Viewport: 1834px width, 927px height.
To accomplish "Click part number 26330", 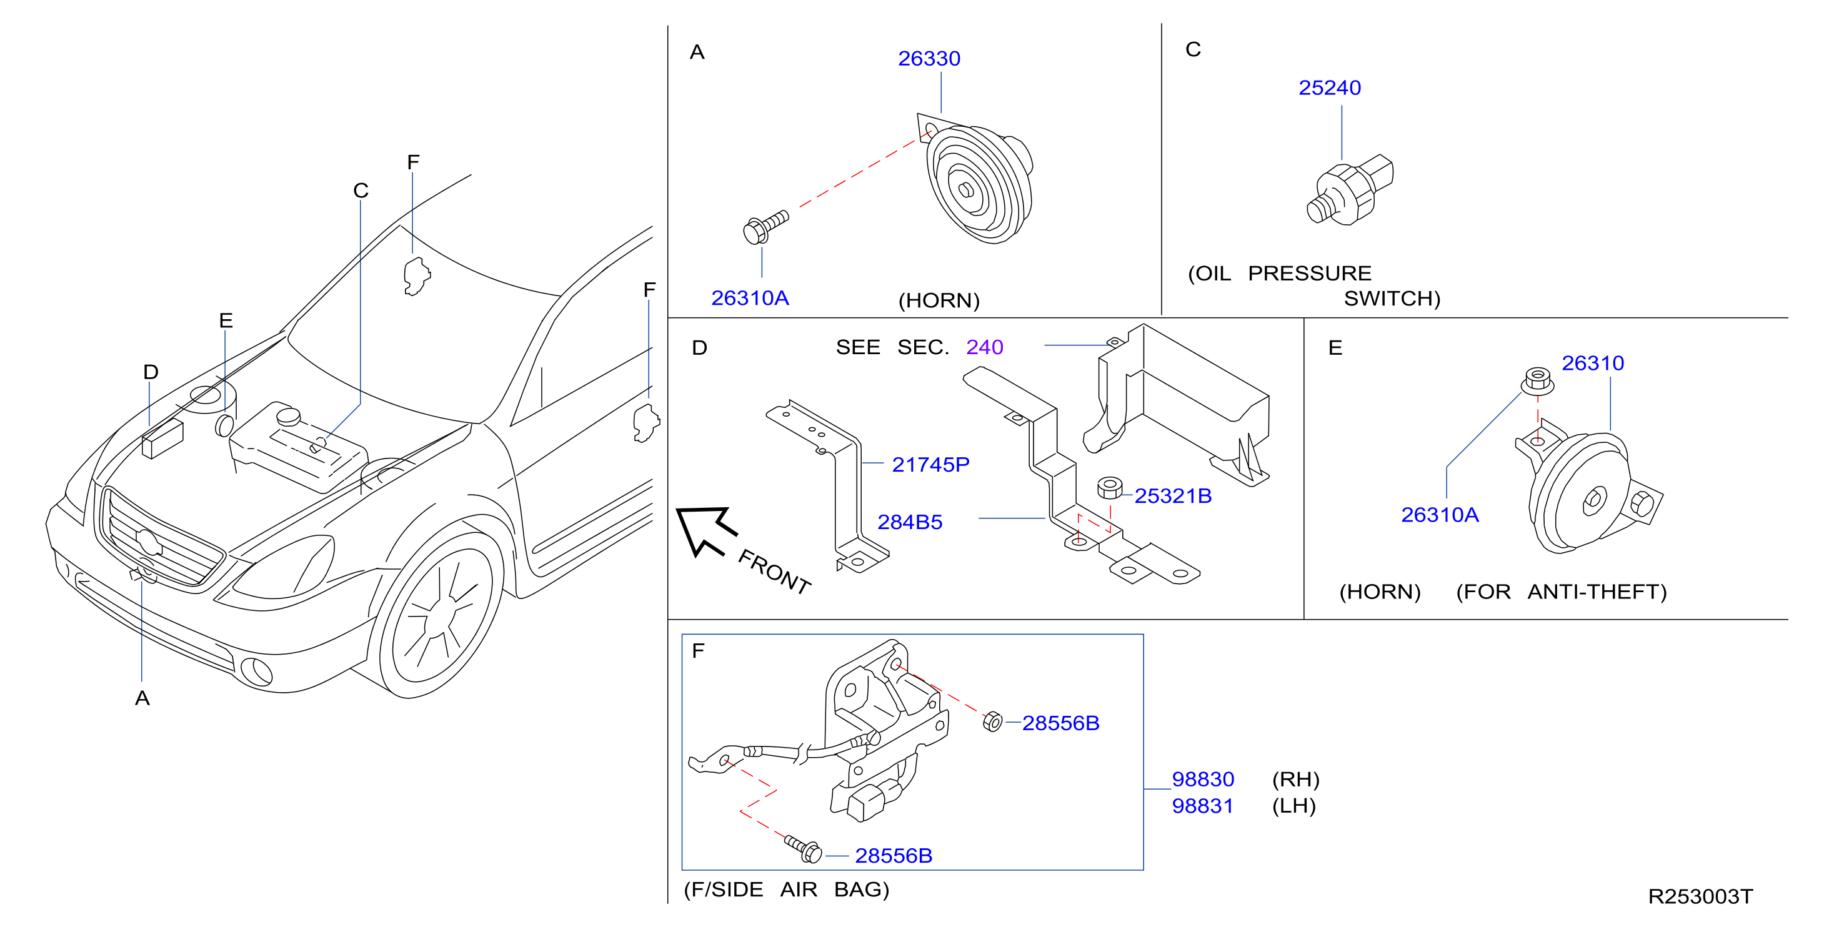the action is click(929, 58).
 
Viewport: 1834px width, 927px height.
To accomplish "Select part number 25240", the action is click(1329, 87).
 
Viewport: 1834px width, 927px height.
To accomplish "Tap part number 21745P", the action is click(930, 464).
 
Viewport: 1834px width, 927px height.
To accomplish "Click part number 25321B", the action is click(1173, 495).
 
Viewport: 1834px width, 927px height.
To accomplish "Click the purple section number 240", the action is click(985, 347).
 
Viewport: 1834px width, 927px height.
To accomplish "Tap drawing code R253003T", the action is click(1700, 896).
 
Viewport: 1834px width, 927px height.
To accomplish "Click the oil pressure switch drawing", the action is click(1350, 189).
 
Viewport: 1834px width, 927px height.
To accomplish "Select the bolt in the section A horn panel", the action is click(765, 226).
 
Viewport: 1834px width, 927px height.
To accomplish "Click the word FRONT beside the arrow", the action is click(775, 571).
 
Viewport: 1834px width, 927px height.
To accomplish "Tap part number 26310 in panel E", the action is click(1593, 363).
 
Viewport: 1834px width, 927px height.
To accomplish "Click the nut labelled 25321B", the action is click(1109, 488).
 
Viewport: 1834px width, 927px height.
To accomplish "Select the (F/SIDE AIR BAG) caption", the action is click(786, 890).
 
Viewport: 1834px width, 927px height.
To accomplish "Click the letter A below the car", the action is click(142, 698).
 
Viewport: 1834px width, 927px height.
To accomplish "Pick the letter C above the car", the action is click(361, 191).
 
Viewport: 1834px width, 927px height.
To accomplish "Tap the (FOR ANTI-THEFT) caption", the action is click(1562, 592).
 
